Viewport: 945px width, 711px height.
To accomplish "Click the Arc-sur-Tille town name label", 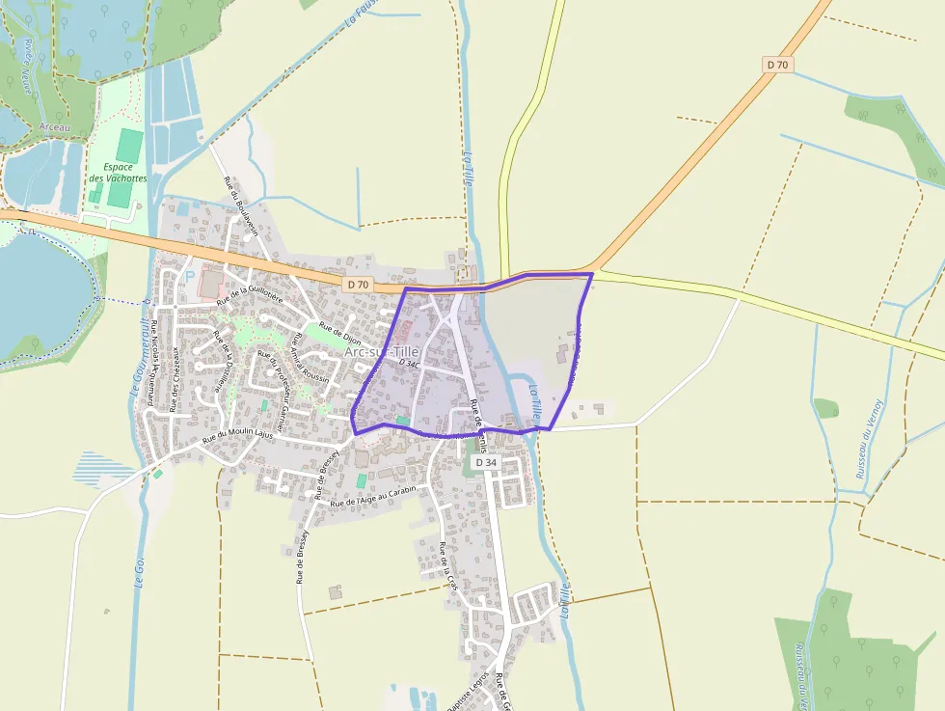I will click(x=382, y=352).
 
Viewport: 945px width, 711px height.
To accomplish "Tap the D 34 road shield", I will click(x=486, y=463).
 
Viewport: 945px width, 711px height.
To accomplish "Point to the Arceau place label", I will click(x=55, y=127).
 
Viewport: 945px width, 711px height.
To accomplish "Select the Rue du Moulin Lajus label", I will click(x=237, y=436).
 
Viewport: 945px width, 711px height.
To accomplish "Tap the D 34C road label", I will click(x=409, y=364).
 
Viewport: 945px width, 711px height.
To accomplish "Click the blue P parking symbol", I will click(x=189, y=276).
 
